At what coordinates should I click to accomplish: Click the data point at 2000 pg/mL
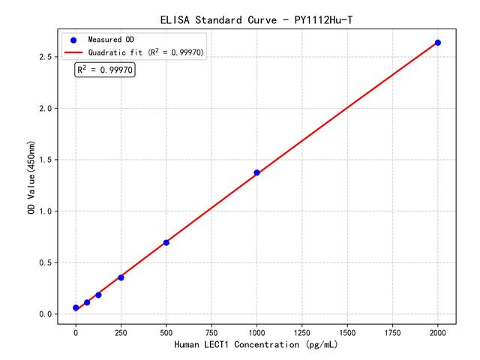(438, 43)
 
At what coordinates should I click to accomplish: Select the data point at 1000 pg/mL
(256, 172)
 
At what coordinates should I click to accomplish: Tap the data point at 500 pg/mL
(166, 242)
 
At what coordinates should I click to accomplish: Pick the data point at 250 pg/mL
(121, 277)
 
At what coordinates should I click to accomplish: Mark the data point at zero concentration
(76, 307)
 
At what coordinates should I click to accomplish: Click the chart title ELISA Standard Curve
(256, 19)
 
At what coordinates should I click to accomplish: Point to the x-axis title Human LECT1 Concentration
(256, 345)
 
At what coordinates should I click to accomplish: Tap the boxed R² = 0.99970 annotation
(105, 70)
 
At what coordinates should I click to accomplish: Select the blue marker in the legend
(73, 39)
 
